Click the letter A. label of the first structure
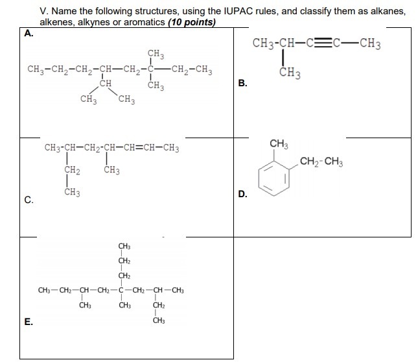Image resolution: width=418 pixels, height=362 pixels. click(29, 33)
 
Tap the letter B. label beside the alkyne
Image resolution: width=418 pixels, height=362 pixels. click(242, 83)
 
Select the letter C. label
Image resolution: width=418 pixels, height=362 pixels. click(29, 200)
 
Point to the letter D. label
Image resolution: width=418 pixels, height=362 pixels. click(242, 194)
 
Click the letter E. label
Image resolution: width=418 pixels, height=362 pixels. click(29, 322)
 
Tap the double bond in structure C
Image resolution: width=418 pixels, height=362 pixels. click(139, 147)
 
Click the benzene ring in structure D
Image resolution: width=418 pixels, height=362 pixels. click(273, 178)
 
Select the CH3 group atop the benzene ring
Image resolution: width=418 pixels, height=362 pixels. click(279, 144)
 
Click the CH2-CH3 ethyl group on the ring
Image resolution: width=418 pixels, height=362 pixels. click(321, 162)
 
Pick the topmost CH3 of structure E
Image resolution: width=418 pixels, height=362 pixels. click(124, 246)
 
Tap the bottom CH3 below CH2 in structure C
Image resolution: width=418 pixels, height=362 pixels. click(72, 192)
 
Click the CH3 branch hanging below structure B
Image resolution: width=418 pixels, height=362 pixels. click(290, 73)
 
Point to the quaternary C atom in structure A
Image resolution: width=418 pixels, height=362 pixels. click(150, 69)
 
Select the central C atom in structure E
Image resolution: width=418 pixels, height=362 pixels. click(121, 290)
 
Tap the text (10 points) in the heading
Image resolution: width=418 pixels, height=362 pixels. click(192, 22)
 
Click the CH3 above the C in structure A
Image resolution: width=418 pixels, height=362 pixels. click(156, 54)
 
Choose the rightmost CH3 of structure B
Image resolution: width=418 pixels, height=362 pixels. click(370, 44)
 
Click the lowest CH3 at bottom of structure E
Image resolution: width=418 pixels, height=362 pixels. click(159, 320)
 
